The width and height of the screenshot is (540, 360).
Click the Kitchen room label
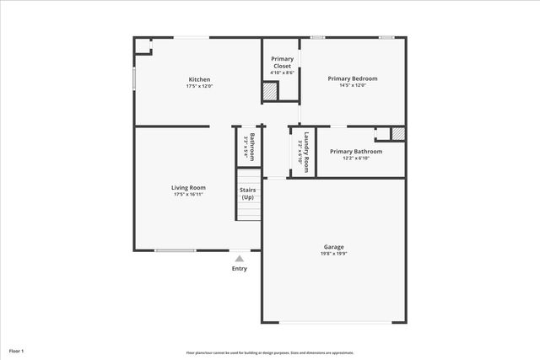(199, 79)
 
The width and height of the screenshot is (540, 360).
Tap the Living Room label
(189, 187)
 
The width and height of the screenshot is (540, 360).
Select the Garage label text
(333, 246)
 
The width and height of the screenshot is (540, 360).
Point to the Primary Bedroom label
(353, 78)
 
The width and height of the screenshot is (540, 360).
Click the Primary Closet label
(282, 62)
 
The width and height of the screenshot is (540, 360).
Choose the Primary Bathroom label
(362, 152)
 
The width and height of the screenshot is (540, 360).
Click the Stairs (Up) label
(248, 194)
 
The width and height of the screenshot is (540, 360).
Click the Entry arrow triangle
(240, 259)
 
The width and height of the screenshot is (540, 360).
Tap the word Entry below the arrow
(240, 269)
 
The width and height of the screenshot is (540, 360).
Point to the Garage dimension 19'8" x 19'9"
(333, 254)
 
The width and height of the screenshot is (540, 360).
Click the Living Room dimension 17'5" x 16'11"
(189, 195)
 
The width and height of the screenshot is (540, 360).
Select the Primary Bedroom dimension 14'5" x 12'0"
(353, 86)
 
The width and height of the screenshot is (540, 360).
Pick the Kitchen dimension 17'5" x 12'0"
(199, 86)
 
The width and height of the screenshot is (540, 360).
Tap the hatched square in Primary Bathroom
(398, 133)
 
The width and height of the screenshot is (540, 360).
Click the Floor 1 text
(17, 350)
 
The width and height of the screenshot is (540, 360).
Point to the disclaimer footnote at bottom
(270, 352)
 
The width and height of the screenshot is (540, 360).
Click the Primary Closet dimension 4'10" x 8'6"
(282, 73)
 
